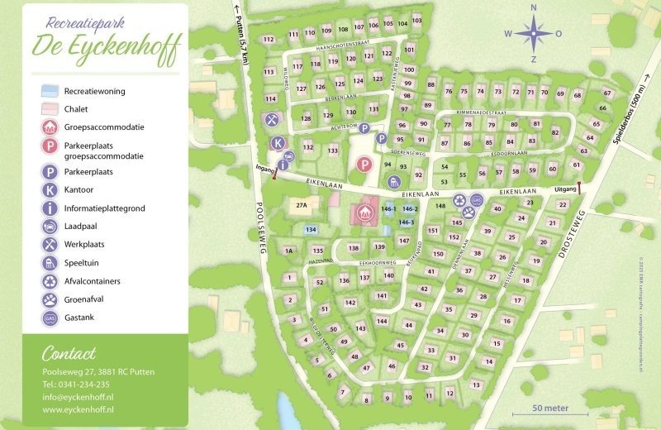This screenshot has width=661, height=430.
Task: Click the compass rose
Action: coord(534,34)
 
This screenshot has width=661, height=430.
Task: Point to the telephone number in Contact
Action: coord(76,384)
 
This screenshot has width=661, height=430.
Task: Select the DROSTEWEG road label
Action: coord(570,232)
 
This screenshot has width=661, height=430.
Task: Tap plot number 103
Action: coord(416,21)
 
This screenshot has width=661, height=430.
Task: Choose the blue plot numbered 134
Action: coord(311,229)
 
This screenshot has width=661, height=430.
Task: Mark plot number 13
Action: coord(475,385)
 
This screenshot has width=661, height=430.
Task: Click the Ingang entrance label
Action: coord(265,168)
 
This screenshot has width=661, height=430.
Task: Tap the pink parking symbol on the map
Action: coord(362,165)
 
